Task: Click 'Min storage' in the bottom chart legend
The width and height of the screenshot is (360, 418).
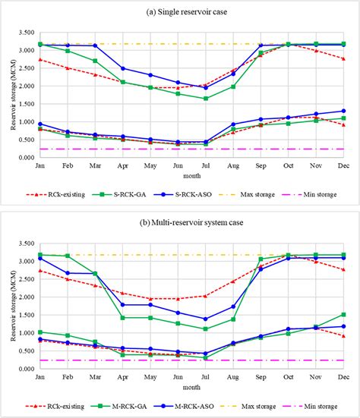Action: click(x=326, y=407)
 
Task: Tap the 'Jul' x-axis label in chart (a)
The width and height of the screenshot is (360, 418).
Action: click(x=206, y=165)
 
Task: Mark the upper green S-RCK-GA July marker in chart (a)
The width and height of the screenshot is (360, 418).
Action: click(x=206, y=99)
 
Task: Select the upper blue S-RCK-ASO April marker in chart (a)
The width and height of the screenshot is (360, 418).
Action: click(x=123, y=68)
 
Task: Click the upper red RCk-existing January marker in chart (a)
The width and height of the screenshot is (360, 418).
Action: click(x=40, y=59)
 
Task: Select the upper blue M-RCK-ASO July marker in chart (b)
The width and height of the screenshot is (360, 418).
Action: click(x=206, y=319)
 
